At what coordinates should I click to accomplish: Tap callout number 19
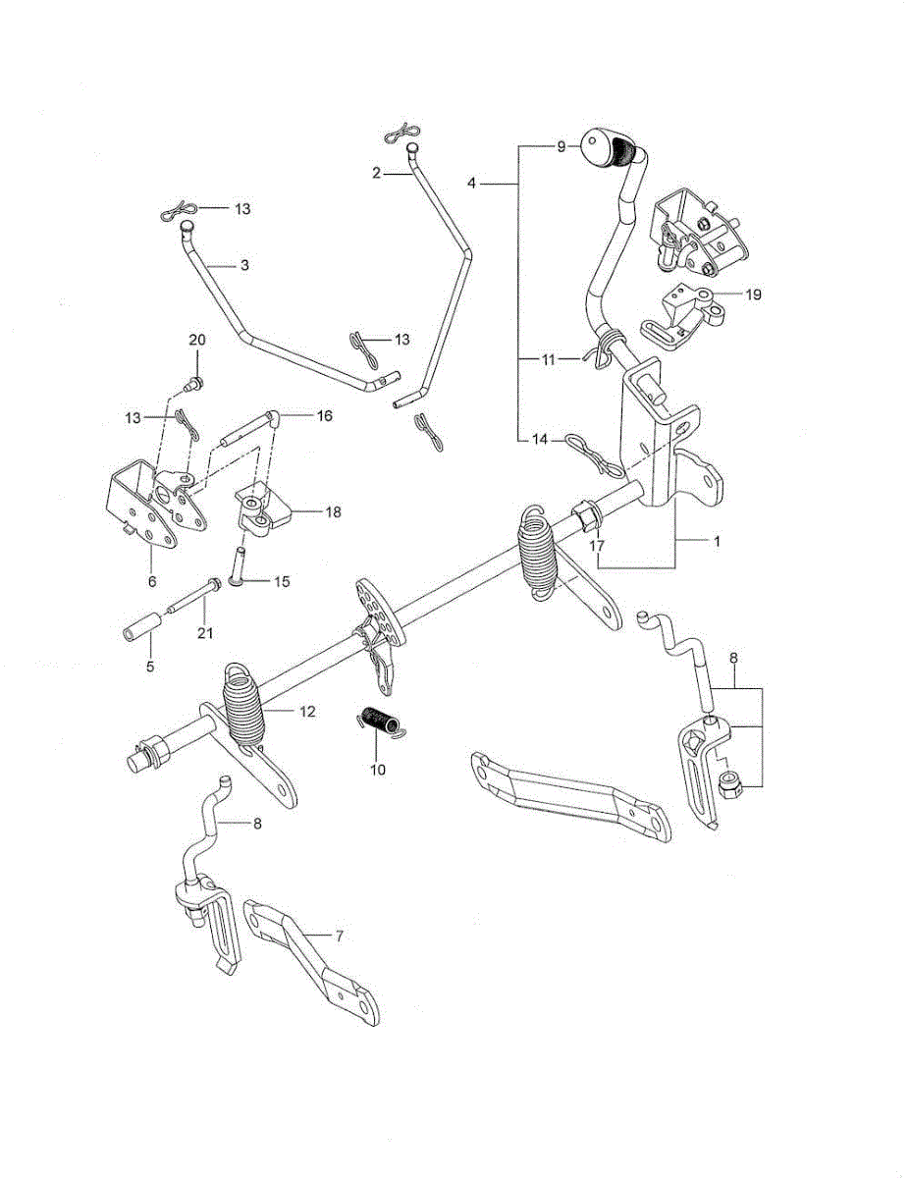(x=753, y=294)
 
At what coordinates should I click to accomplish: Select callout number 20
(x=197, y=340)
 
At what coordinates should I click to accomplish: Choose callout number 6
(x=152, y=581)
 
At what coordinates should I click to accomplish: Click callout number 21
(x=204, y=634)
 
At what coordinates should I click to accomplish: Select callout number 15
(x=282, y=581)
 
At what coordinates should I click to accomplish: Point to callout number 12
(x=307, y=712)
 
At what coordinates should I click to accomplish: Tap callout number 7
(x=339, y=936)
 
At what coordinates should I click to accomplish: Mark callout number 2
(x=376, y=173)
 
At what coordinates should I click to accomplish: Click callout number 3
(x=244, y=265)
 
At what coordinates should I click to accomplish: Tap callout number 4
(x=471, y=183)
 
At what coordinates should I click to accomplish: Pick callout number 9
(x=561, y=146)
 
